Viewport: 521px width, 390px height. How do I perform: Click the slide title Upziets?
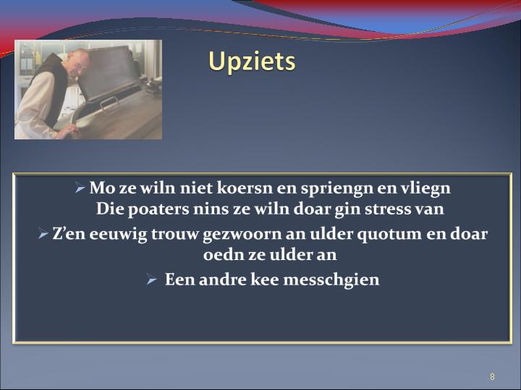coord(252,62)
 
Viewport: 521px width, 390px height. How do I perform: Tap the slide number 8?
coord(492,376)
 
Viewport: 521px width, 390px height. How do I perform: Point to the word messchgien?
coord(331,280)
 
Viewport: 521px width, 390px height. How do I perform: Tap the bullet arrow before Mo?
coord(80,188)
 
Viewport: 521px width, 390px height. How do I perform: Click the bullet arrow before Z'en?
coord(43,234)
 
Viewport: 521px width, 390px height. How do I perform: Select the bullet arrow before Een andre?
coord(151,280)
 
